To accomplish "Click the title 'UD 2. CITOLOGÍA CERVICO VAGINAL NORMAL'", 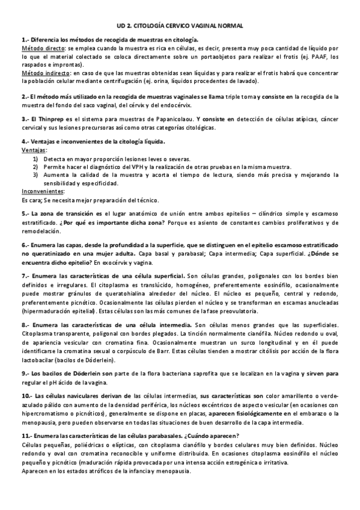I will [x=180, y=26].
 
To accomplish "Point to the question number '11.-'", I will [x=26, y=435].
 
